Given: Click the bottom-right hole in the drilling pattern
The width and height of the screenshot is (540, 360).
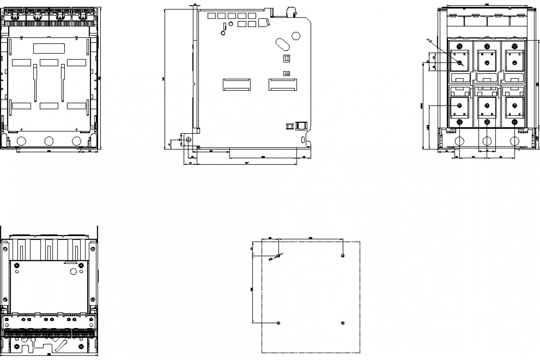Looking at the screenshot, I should pyautogui.click(x=343, y=323).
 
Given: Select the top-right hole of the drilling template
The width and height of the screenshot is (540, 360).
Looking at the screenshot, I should pyautogui.click(x=343, y=256).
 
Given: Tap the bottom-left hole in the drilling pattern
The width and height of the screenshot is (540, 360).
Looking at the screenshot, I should pyautogui.click(x=279, y=323).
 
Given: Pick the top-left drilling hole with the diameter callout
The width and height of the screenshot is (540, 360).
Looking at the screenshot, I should pyautogui.click(x=279, y=256).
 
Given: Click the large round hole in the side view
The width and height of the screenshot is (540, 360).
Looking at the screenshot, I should pyautogui.click(x=296, y=36).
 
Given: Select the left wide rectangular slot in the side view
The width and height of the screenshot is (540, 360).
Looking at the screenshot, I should pyautogui.click(x=237, y=84).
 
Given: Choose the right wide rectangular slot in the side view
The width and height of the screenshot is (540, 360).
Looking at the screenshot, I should pyautogui.click(x=283, y=84).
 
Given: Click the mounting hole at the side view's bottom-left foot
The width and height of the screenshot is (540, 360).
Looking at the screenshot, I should pyautogui.click(x=189, y=139).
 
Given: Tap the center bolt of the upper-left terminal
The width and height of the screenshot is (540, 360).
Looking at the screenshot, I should pyautogui.click(x=459, y=63).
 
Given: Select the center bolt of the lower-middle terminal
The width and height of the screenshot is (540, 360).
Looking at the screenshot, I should pyautogui.click(x=486, y=105).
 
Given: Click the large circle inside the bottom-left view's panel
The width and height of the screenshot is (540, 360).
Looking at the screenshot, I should pyautogui.click(x=73, y=271).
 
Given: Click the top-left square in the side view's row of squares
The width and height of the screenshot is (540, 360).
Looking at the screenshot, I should pyautogui.click(x=211, y=16).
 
